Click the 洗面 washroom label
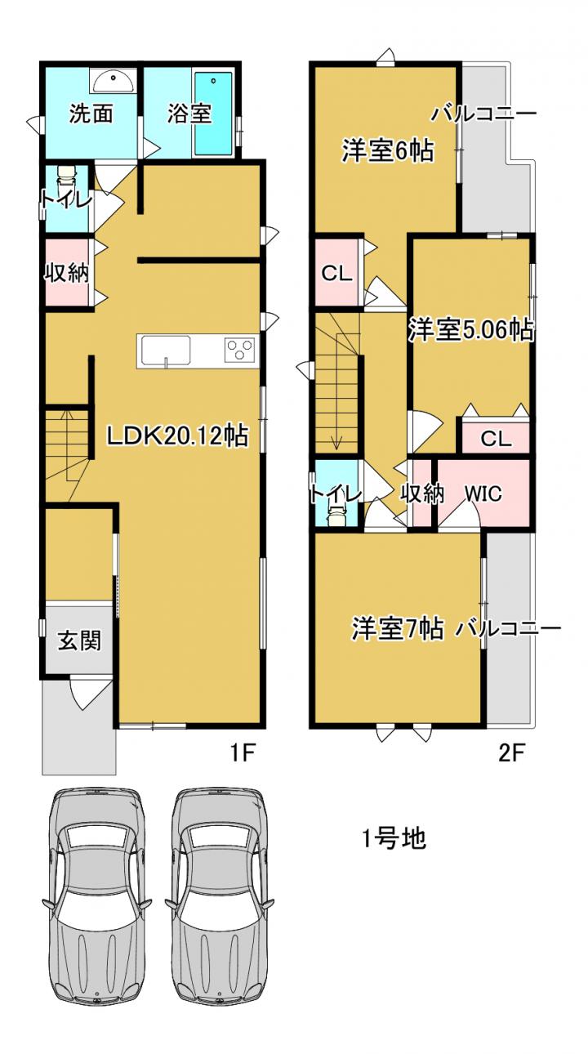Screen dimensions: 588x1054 point(91,114)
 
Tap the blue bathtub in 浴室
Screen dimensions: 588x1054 point(214,113)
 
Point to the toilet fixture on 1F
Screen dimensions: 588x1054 point(66,177)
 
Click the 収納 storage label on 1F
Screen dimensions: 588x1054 point(67,272)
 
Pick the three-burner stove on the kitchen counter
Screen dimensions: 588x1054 point(240,350)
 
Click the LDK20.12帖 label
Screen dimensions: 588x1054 point(177,435)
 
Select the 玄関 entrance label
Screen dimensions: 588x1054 point(79,641)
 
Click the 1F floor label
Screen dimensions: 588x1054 point(243,753)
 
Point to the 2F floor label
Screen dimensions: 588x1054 point(511,753)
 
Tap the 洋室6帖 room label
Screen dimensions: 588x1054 point(388,150)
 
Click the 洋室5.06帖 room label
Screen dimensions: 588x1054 point(471,329)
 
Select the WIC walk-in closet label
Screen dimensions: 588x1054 point(483,494)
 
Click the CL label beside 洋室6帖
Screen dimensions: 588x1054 point(336,273)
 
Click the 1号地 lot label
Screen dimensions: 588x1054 point(394,838)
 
